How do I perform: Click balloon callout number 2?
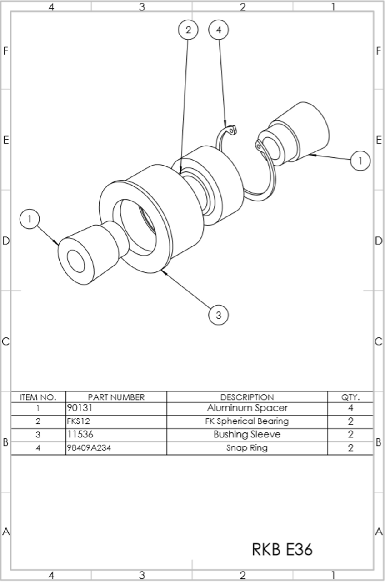click(188, 30)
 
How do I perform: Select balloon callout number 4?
click(219, 30)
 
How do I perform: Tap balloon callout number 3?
click(219, 315)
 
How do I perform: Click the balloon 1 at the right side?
click(360, 161)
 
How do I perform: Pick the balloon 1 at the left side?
click(30, 219)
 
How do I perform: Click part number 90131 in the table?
click(80, 408)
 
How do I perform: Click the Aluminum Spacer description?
click(247, 408)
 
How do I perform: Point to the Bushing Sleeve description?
click(247, 434)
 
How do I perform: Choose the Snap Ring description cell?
click(247, 448)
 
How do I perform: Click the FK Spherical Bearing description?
click(247, 421)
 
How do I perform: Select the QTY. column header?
click(350, 397)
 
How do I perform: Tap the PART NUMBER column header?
click(116, 397)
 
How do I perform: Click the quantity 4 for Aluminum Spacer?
click(350, 408)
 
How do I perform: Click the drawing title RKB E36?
click(282, 549)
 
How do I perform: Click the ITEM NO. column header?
click(38, 397)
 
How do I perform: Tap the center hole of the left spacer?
click(76, 261)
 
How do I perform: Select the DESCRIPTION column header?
click(247, 397)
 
